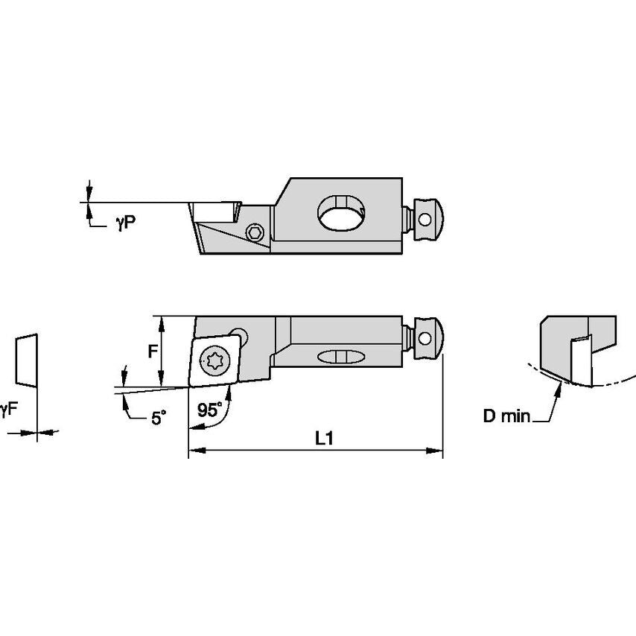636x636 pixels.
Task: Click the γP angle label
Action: click(x=125, y=223)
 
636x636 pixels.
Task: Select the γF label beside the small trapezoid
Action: click(x=7, y=408)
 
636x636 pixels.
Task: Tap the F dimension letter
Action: click(x=153, y=351)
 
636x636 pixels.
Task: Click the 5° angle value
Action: click(x=158, y=419)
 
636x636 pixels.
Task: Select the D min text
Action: click(x=506, y=416)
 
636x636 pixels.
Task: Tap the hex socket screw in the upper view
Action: click(x=256, y=233)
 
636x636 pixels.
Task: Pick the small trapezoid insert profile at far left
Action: click(x=24, y=360)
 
